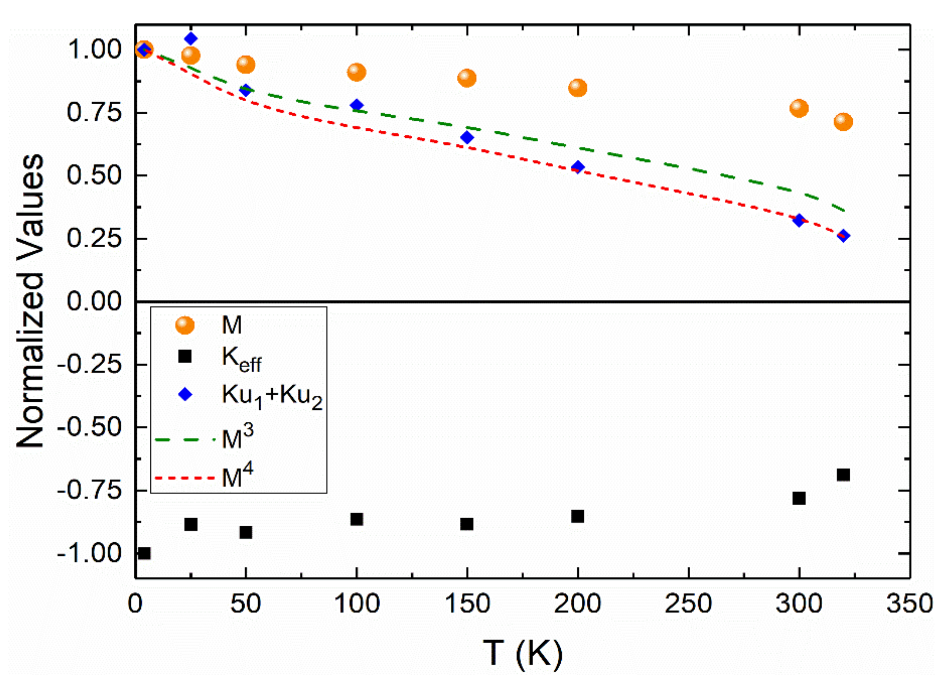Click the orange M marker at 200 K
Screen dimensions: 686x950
click(578, 88)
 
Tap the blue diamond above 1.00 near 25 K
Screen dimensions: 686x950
click(191, 39)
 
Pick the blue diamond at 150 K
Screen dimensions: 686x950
click(467, 137)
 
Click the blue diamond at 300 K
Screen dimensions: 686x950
click(799, 220)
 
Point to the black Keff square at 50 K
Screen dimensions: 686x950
click(246, 532)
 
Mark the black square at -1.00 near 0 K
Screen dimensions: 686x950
click(144, 553)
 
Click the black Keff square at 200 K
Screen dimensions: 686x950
click(578, 516)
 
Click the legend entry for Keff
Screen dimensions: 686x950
click(241, 359)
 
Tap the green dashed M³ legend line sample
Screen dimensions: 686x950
click(185, 440)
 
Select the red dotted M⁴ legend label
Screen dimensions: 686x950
click(237, 477)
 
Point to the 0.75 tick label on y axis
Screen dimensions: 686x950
click(94, 112)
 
